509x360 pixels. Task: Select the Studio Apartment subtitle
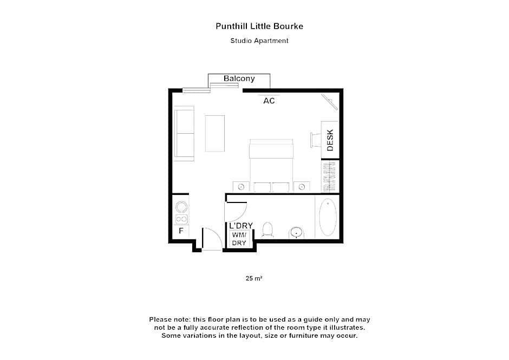pyautogui.click(x=259, y=41)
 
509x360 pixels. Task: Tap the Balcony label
pyautogui.click(x=239, y=78)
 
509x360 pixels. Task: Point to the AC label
pyautogui.click(x=269, y=101)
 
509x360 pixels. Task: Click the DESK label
pyautogui.click(x=330, y=140)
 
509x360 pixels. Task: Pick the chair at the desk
pyautogui.click(x=315, y=139)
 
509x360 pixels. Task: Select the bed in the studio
pyautogui.click(x=271, y=162)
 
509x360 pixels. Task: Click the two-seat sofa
pyautogui.click(x=184, y=133)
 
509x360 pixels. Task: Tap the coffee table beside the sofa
pyautogui.click(x=214, y=133)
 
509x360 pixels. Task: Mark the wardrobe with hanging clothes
pyautogui.click(x=330, y=176)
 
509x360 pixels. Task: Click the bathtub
pyautogui.click(x=327, y=218)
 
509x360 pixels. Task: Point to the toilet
pyautogui.click(x=267, y=230)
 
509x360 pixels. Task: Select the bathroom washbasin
pyautogui.click(x=296, y=232)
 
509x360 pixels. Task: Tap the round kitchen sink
pyautogui.click(x=181, y=206)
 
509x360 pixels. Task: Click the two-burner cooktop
pyautogui.click(x=181, y=219)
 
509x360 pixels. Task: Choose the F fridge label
pyautogui.click(x=181, y=232)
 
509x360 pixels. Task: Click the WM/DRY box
pyautogui.click(x=239, y=239)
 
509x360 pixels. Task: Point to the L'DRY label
pyautogui.click(x=241, y=226)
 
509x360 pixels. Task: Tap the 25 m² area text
pyautogui.click(x=254, y=278)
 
